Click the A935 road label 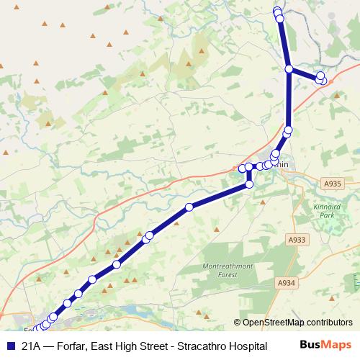pyautogui.click(x=332, y=184)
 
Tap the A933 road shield pyautogui.click(x=295, y=240)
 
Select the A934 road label pyautogui.click(x=287, y=283)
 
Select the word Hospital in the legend pyautogui.click(x=247, y=346)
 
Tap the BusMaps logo pyautogui.click(x=330, y=345)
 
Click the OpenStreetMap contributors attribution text pyautogui.click(x=297, y=323)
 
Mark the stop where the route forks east pyautogui.click(x=289, y=69)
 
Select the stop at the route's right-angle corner pyautogui.click(x=249, y=185)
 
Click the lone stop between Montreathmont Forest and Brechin pyautogui.click(x=189, y=207)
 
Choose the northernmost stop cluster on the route pyautogui.click(x=278, y=12)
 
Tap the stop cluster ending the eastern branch pyautogui.click(x=321, y=78)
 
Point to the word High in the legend pyautogui.click(x=126, y=346)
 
